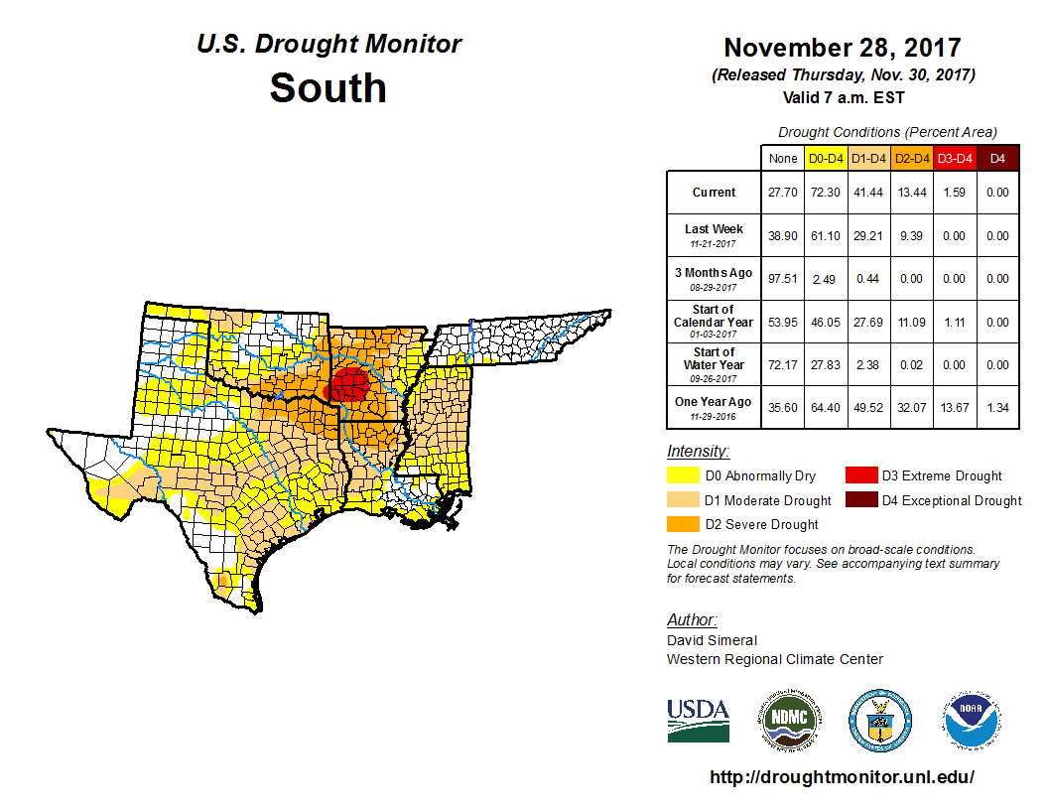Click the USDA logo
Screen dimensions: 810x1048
pos(698,720)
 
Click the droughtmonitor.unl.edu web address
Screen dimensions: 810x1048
pos(842,777)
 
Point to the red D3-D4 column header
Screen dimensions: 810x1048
pos(954,158)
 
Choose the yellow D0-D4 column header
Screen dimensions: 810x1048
pos(826,158)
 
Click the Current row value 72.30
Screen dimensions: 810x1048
pos(826,193)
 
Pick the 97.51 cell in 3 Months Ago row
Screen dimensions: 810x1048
pos(783,279)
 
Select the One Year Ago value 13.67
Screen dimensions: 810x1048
pos(954,408)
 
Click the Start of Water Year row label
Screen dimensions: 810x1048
pos(714,364)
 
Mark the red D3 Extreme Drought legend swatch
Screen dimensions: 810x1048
pos(860,475)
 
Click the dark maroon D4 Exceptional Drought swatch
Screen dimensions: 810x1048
pos(860,500)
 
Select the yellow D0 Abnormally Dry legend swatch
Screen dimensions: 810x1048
pos(683,475)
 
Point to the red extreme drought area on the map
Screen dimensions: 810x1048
pos(349,384)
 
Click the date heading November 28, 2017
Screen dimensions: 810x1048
pos(842,48)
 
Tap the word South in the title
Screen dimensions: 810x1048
pos(327,88)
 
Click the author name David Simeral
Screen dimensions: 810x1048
pos(712,640)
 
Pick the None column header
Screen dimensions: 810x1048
pos(783,158)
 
